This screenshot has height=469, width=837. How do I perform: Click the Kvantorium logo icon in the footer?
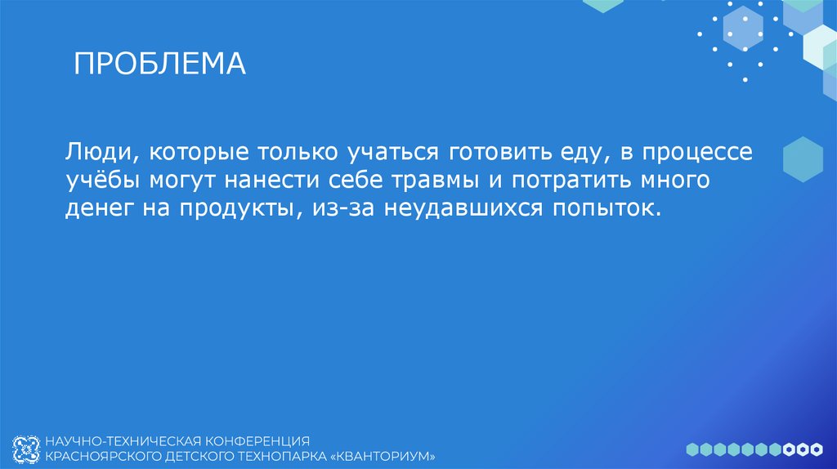pyautogui.click(x=28, y=447)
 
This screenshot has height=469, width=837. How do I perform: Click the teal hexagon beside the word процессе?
pyautogui.click(x=802, y=159)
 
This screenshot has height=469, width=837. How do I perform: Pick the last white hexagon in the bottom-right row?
pyautogui.click(x=817, y=449)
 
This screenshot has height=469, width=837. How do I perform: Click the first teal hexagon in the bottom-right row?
pyautogui.click(x=692, y=449)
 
